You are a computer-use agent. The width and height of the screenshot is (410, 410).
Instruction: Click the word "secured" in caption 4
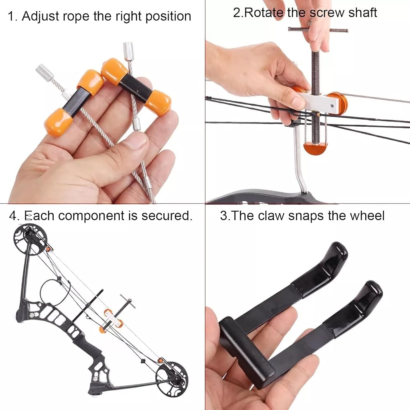166,216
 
